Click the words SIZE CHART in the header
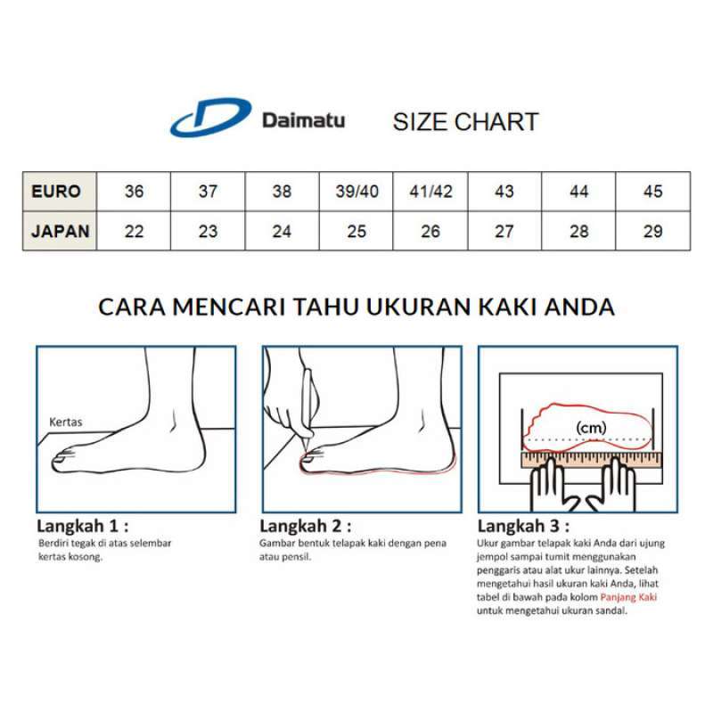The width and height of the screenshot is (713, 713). [x=465, y=122]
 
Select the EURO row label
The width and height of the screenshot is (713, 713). [x=56, y=192]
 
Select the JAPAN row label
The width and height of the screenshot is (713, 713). [x=60, y=232]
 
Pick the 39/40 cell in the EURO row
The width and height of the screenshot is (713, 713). [x=356, y=192]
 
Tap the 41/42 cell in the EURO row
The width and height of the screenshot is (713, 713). [x=430, y=192]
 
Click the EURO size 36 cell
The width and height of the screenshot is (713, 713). [x=134, y=192]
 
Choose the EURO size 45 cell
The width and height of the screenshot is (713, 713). [x=652, y=192]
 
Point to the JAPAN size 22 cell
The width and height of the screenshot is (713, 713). [x=134, y=232]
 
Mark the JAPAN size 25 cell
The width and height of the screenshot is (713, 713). [x=356, y=232]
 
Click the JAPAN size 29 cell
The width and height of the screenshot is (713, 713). [x=652, y=232]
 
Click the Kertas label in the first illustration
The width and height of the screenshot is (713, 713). [x=66, y=422]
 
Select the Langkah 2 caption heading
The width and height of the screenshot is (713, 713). [x=305, y=526]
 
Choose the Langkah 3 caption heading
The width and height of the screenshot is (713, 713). [x=524, y=526]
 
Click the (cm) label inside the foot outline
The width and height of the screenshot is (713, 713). [x=590, y=428]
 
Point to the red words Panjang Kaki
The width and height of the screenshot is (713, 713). [x=627, y=597]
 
